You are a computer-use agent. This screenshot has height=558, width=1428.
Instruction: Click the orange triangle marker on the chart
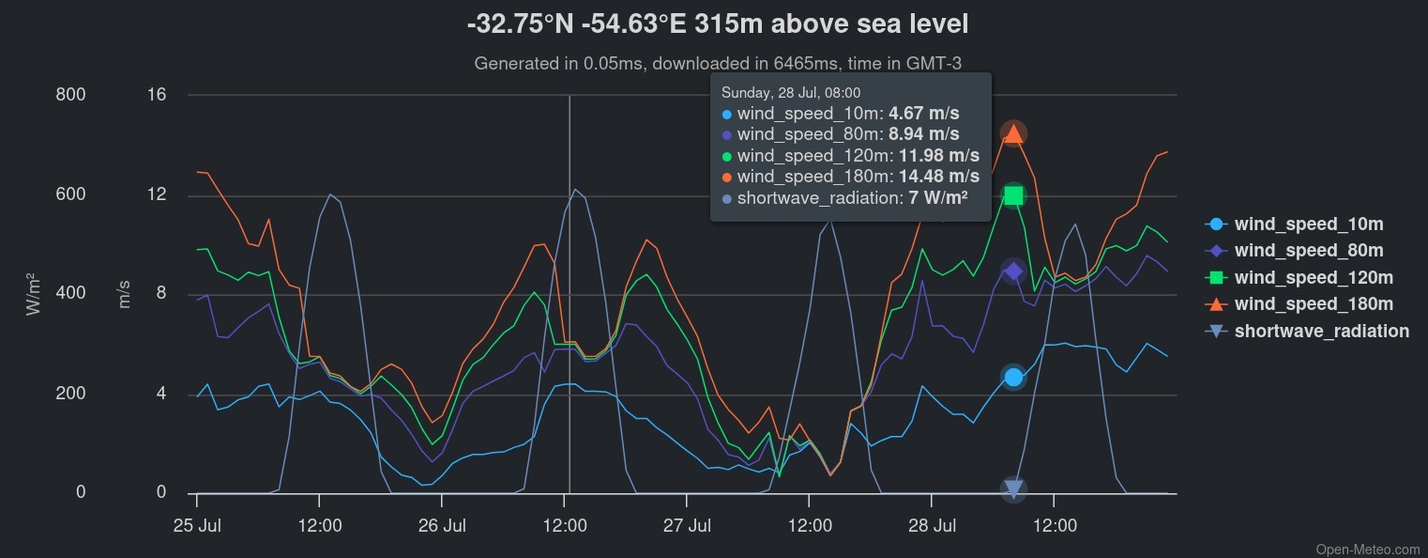(1013, 133)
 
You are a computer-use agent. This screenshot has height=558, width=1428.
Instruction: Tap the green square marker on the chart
(1013, 195)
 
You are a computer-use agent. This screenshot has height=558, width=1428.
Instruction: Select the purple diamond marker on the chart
(1013, 271)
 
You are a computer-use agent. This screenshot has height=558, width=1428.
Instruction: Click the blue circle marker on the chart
(1013, 377)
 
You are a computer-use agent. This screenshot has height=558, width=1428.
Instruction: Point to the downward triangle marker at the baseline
(1013, 488)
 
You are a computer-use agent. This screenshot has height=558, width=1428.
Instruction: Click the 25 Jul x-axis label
(197, 524)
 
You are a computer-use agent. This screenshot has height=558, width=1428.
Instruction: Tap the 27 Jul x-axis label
(687, 524)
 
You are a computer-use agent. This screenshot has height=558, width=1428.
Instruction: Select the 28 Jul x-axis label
(932, 524)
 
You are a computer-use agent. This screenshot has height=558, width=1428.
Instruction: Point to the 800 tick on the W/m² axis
(71, 95)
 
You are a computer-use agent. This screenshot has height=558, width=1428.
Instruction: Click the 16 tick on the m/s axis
(156, 95)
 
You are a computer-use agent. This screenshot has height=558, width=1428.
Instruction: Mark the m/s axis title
(125, 294)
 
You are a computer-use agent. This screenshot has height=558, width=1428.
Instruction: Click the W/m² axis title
(35, 293)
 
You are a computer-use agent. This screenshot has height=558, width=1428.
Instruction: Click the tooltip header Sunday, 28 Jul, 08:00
(791, 93)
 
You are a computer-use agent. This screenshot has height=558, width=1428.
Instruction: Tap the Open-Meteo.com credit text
(1368, 550)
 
